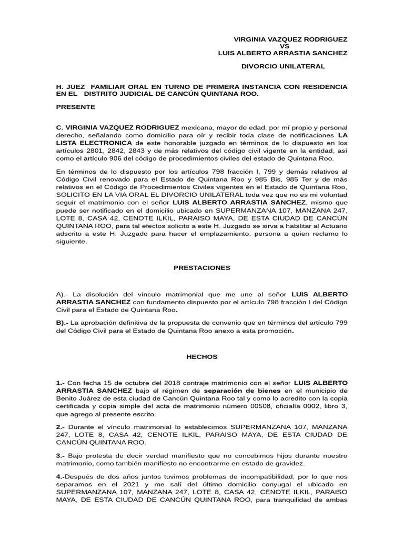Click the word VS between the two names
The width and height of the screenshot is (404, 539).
pyautogui.click(x=283, y=46)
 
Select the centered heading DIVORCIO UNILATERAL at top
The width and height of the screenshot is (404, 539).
pyautogui.click(x=283, y=66)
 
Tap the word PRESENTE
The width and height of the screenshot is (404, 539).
pyautogui.click(x=76, y=107)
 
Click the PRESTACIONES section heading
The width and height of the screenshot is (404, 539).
pyautogui.click(x=202, y=267)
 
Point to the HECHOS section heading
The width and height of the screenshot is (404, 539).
pyautogui.click(x=202, y=356)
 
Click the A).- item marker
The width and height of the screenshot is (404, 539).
pyautogui.click(x=63, y=293)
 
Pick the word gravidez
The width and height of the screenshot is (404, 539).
pyautogui.click(x=284, y=463)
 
